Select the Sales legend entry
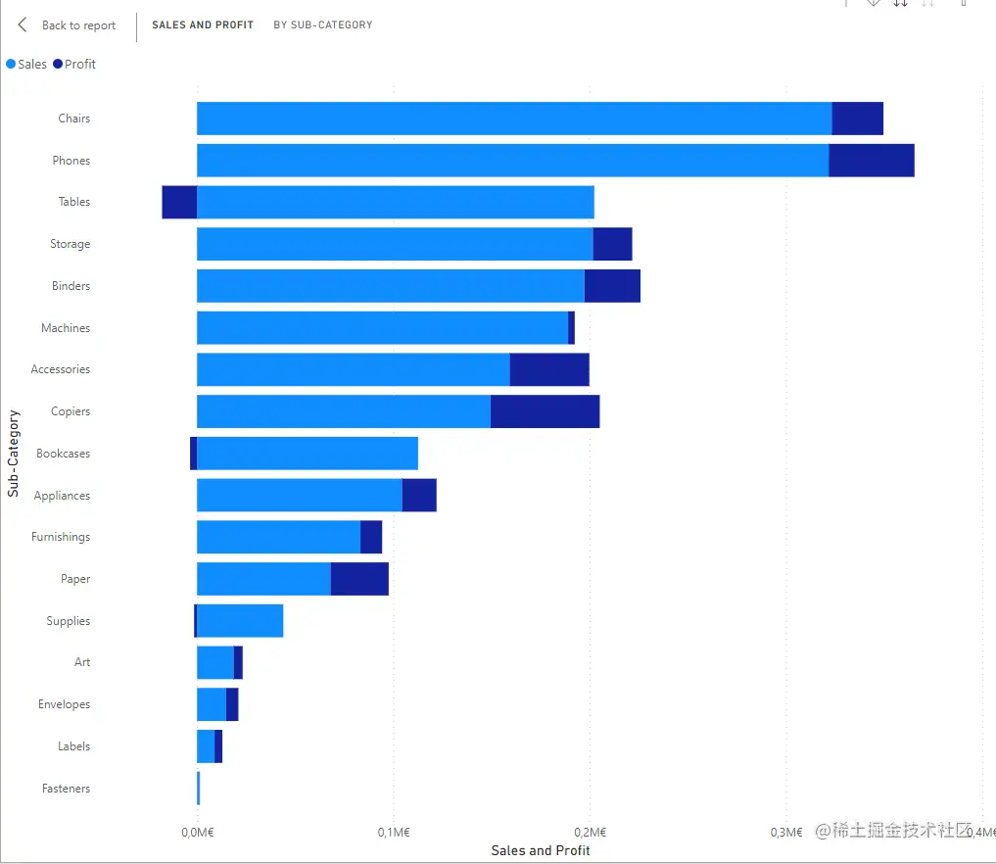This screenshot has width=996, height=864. (26, 64)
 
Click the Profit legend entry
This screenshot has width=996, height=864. (74, 64)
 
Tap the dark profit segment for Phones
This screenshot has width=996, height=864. (871, 161)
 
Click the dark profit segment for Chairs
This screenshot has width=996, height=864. (857, 119)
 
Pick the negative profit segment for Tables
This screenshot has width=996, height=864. (179, 202)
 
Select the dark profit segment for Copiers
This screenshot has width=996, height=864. (545, 411)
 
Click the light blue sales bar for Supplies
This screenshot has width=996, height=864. (240, 621)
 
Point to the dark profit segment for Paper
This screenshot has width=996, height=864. (359, 579)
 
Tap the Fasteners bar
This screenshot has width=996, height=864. (198, 789)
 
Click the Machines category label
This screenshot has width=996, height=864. (66, 328)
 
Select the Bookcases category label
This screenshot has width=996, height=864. (63, 454)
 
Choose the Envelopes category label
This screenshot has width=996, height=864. (64, 704)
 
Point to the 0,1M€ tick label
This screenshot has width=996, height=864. (393, 833)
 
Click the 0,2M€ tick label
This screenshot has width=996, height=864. (589, 833)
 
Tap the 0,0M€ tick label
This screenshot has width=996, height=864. (197, 833)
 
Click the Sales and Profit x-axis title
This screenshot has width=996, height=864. (541, 850)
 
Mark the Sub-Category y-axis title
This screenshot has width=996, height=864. (13, 454)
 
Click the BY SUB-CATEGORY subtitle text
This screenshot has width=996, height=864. (322, 24)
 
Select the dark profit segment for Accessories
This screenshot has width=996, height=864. (549, 369)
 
